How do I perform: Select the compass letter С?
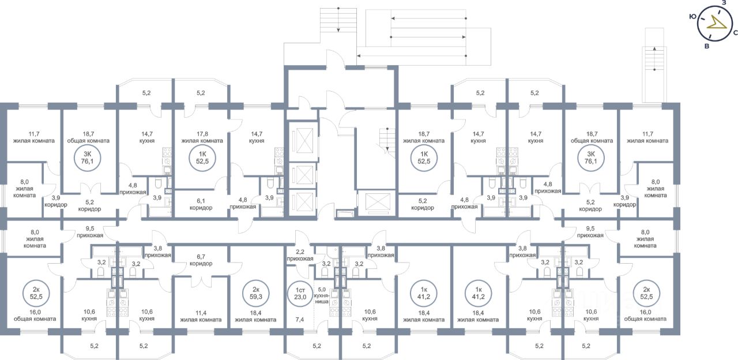coord(735,32)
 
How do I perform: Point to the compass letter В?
coord(706,47)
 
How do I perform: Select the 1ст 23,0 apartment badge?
coord(300,293)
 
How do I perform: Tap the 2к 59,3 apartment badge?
coord(256,293)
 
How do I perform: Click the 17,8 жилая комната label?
coord(202,137)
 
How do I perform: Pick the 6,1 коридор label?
coord(201,204)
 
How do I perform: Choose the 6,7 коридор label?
coord(201,260)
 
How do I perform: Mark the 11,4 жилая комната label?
coord(201,316)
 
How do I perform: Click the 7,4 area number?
coord(299,320)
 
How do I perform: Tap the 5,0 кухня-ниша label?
coord(322,295)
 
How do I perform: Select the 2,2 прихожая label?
coord(300,255)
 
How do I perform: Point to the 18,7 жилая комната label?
coord(424,137)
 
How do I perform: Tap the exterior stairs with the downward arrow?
coord(338,20)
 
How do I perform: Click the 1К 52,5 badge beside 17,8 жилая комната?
coord(202,158)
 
